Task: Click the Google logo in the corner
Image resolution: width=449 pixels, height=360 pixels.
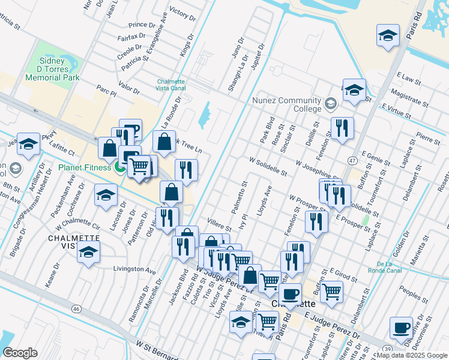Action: tap(20, 353)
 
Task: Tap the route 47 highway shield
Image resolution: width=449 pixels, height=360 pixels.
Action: tap(352, 160)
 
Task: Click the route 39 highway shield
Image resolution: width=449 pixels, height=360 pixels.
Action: tap(388, 348)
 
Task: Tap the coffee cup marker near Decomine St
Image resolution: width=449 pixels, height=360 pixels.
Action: tap(402, 328)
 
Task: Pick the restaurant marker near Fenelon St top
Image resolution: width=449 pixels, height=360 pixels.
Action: tap(342, 128)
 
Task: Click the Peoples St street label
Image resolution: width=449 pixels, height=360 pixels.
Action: tap(412, 295)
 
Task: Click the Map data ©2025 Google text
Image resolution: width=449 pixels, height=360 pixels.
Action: tap(412, 355)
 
